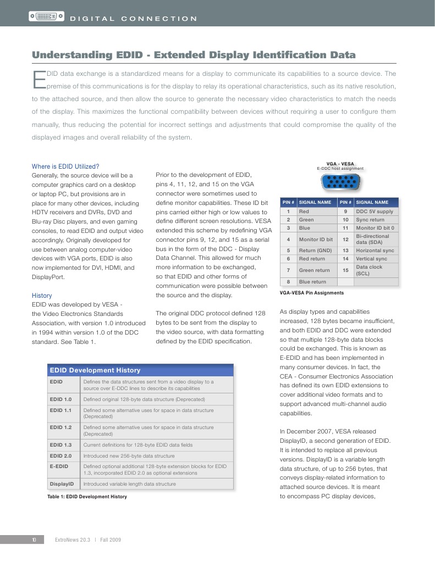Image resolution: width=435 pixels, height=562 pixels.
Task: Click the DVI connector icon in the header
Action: point(46,18)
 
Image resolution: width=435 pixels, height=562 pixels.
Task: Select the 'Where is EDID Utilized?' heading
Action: point(65,166)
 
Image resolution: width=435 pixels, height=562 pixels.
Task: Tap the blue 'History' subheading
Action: point(42,295)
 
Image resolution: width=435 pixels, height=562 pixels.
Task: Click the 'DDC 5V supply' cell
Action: point(375,212)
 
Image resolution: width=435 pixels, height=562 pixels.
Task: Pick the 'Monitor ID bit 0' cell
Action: point(375,227)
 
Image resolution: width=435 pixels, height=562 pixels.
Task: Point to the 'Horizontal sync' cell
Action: point(375,251)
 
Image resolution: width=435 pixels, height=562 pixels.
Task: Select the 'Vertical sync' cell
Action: point(372,259)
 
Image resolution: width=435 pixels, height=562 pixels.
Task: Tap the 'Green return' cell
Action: point(314,270)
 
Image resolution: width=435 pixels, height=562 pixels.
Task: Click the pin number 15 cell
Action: point(345,270)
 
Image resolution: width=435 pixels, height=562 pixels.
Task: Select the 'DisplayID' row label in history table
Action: point(62,484)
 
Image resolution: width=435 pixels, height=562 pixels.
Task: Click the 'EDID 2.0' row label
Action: point(60,455)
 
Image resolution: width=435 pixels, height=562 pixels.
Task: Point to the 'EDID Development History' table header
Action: point(95,370)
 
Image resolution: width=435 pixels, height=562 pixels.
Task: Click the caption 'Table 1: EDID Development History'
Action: point(87,497)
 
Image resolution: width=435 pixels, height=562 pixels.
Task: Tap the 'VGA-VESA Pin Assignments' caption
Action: point(312,293)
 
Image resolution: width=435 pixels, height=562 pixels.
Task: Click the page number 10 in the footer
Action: point(34,540)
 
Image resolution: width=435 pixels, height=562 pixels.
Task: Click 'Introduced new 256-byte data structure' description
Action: point(129,455)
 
